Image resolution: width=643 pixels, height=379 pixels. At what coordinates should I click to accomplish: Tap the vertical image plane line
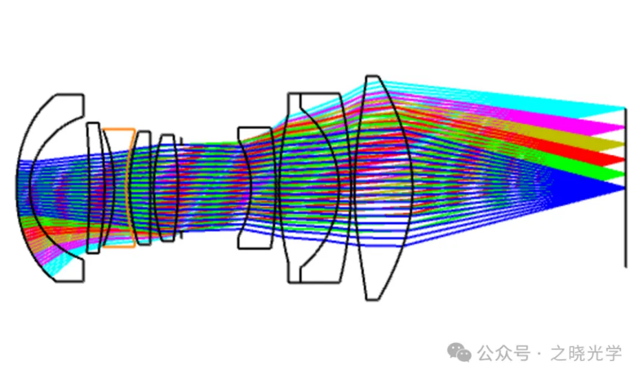625,187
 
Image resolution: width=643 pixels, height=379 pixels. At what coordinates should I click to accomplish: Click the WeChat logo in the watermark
459,353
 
